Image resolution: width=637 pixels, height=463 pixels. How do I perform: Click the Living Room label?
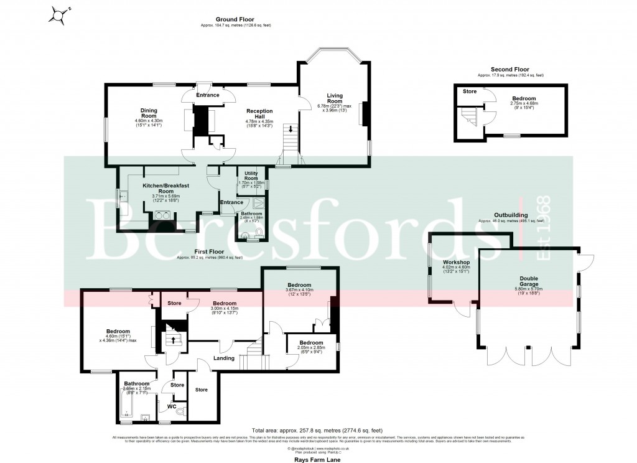[335, 98]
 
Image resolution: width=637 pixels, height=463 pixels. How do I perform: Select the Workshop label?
[455, 263]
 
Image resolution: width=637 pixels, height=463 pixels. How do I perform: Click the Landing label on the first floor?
[223, 358]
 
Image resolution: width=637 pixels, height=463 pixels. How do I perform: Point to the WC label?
[165, 407]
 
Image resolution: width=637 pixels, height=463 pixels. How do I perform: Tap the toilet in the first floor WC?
[180, 411]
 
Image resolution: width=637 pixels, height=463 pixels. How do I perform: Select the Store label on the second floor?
[469, 91]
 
